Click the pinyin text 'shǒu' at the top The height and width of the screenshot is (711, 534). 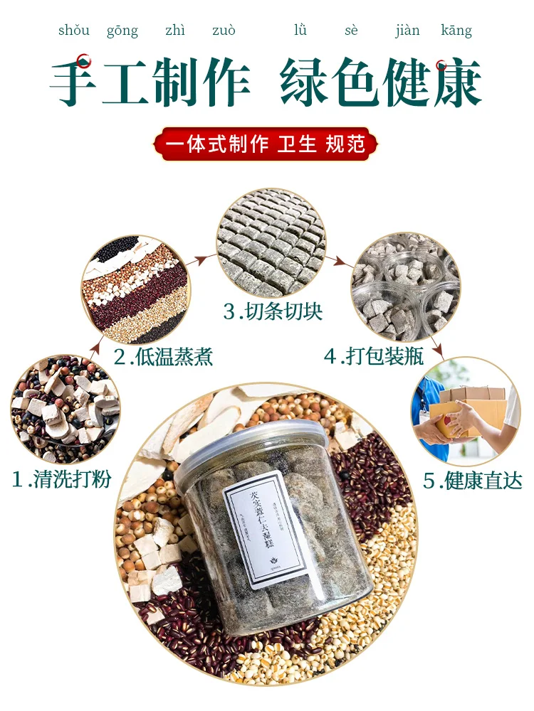coord(73,30)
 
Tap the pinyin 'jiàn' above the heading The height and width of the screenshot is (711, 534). coord(407,30)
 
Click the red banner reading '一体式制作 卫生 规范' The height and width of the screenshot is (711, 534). coord(266,144)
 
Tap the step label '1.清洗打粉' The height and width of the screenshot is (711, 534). coord(62,479)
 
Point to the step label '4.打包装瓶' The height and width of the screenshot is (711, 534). coord(375,355)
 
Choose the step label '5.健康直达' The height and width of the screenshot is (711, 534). coord(473,481)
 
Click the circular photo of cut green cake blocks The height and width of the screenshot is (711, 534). coord(271,242)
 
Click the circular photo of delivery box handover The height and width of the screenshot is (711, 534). coord(465,412)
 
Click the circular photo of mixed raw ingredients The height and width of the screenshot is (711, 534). coord(66,409)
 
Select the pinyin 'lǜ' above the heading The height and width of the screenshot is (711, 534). coord(300,30)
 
